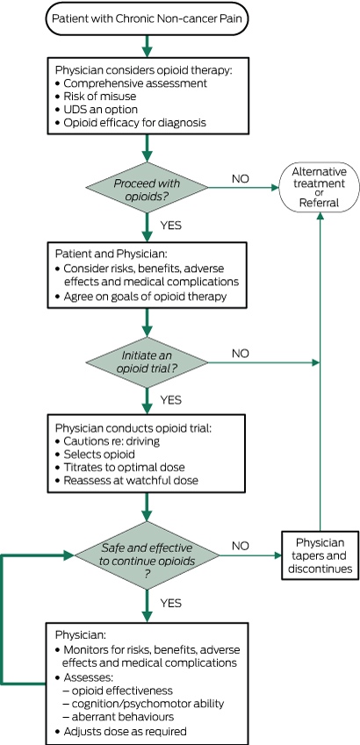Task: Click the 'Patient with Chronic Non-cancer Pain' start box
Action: tap(147, 18)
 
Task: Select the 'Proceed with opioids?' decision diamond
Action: tap(147, 188)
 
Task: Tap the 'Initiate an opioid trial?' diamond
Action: tap(147, 363)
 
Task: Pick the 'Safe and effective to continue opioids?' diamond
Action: tap(147, 555)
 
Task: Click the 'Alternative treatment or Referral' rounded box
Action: tap(319, 187)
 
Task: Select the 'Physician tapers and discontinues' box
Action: tap(320, 555)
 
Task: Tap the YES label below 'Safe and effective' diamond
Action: tap(171, 604)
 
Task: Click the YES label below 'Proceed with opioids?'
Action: tap(171, 226)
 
